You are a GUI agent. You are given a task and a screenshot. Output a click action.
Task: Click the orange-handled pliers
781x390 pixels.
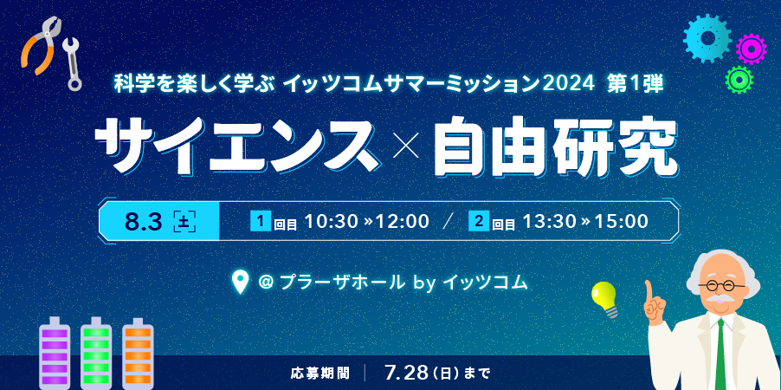pyautogui.click(x=39, y=45)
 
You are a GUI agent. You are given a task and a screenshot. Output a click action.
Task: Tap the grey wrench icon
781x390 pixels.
pyautogui.click(x=73, y=64)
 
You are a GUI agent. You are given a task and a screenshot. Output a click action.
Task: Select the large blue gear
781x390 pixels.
pyautogui.click(x=707, y=38)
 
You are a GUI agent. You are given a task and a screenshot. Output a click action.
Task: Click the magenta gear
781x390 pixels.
pyautogui.click(x=751, y=49)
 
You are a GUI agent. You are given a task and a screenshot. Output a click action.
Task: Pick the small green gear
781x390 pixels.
pyautogui.click(x=739, y=79)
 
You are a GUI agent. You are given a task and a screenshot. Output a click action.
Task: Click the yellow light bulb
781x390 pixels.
pyautogui.click(x=605, y=298)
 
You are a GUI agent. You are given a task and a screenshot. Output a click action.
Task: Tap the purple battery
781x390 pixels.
pyautogui.click(x=55, y=353)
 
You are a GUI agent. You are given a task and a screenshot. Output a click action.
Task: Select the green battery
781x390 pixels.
pyautogui.click(x=96, y=353)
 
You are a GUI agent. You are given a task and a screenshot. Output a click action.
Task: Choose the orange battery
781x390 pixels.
pyautogui.click(x=138, y=353)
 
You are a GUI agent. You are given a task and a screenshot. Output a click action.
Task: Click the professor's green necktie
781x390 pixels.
pyautogui.click(x=720, y=355)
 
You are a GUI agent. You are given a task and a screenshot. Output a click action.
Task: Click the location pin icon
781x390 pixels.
pyautogui.click(x=241, y=283)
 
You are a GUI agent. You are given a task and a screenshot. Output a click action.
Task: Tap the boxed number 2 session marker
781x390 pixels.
pyautogui.click(x=478, y=221)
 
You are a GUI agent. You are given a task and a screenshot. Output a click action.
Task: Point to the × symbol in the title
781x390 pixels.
pyautogui.click(x=405, y=147)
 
